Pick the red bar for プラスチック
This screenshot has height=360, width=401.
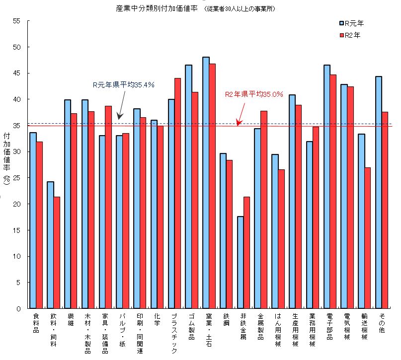177,193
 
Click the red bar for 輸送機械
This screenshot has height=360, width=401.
368,238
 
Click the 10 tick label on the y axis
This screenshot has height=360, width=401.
17,256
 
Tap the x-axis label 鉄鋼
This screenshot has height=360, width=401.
226,319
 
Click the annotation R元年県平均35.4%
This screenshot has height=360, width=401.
120,85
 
